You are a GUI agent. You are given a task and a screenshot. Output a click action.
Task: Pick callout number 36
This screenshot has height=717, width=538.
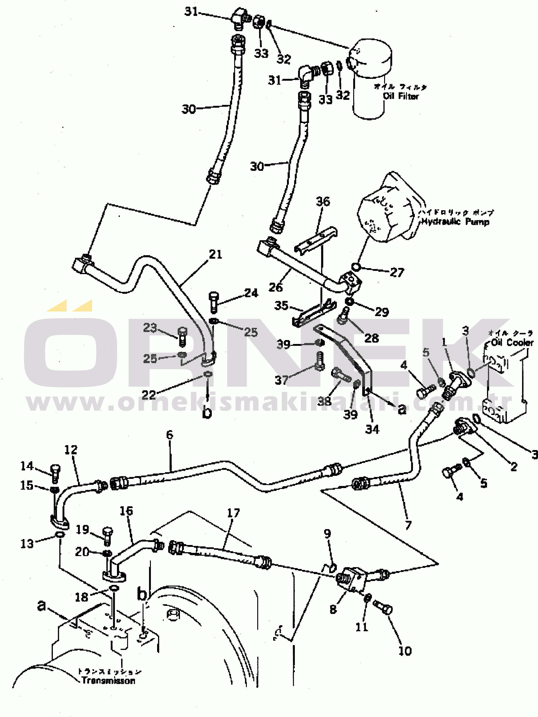click(x=323, y=202)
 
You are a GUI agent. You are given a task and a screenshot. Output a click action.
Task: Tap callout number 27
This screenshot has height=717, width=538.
click(x=397, y=272)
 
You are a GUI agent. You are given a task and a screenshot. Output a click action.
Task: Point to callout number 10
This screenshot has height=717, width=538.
click(x=405, y=651)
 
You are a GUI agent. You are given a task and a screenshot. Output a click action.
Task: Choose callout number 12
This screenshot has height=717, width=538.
click(x=71, y=450)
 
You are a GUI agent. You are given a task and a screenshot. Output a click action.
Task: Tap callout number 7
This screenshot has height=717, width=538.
click(x=408, y=525)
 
